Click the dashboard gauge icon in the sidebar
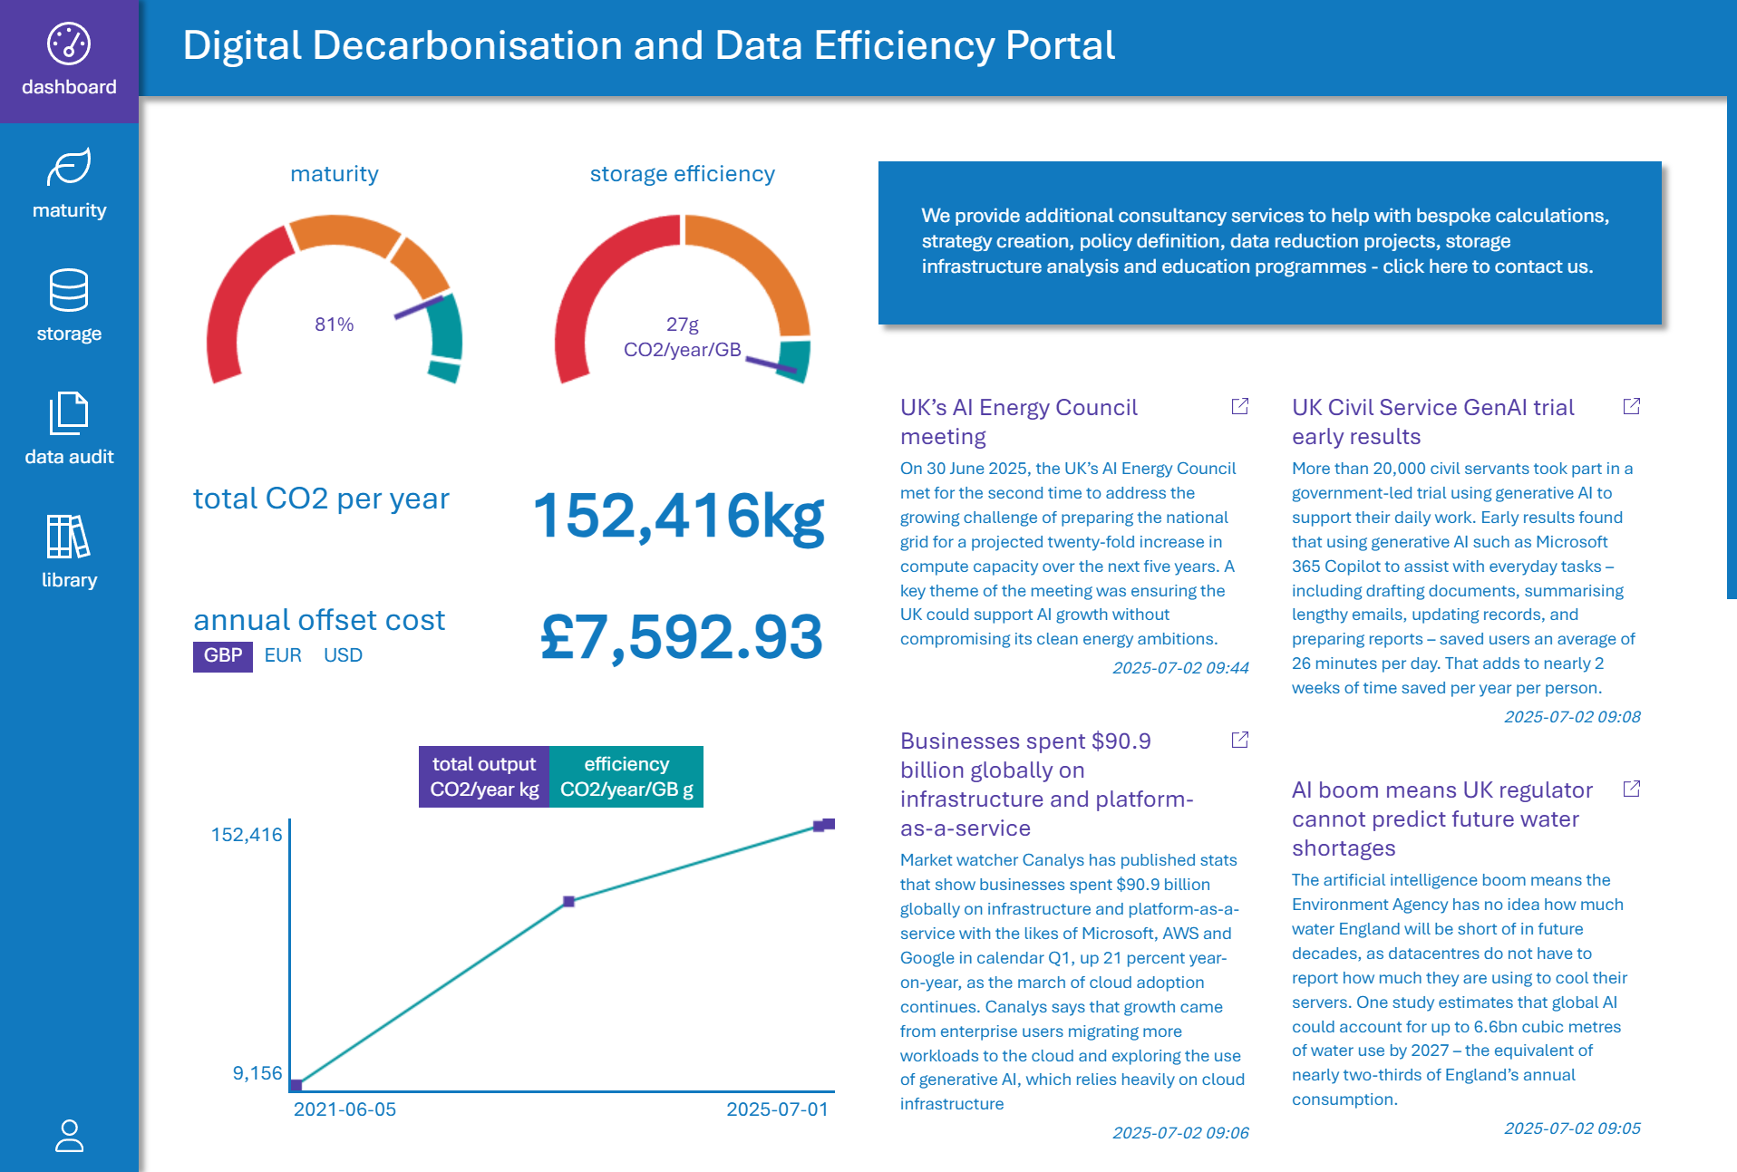point(69,44)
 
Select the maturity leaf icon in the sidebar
point(69,168)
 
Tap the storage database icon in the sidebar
point(69,290)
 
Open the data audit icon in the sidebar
point(69,413)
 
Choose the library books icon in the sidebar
point(69,537)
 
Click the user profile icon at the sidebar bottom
point(69,1136)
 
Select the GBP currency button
point(223,655)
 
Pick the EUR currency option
point(283,655)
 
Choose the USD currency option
point(343,655)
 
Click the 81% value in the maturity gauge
point(334,324)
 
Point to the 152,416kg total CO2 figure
point(678,517)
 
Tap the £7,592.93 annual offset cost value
point(681,637)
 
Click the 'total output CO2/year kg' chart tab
point(484,777)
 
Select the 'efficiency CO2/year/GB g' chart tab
point(626,777)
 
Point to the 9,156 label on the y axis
point(257,1073)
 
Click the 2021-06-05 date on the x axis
point(344,1109)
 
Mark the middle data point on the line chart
point(568,901)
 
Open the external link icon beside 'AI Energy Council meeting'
point(1240,406)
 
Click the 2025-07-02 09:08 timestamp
point(1572,717)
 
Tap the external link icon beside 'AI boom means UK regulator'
point(1632,789)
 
